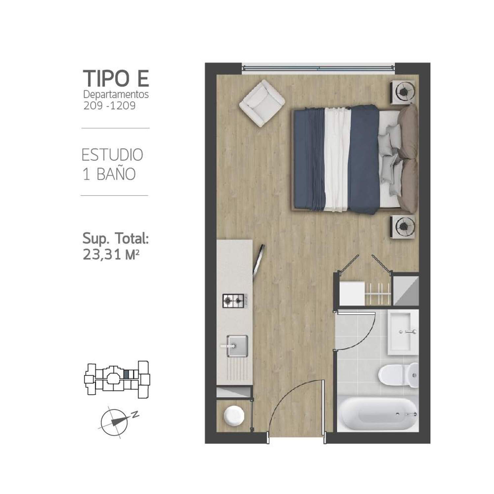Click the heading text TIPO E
[116, 78]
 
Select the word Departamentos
[116, 95]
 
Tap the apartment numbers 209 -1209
[109, 106]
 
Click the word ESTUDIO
[112, 155]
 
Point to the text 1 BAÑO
[109, 174]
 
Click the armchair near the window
[262, 103]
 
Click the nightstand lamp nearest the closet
[403, 226]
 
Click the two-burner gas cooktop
[233, 301]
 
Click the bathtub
[377, 414]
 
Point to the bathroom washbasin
[402, 333]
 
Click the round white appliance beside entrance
[234, 416]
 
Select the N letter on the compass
[135, 415]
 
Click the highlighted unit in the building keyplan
[126, 374]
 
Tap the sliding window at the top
[318, 68]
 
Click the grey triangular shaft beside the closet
[406, 290]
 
